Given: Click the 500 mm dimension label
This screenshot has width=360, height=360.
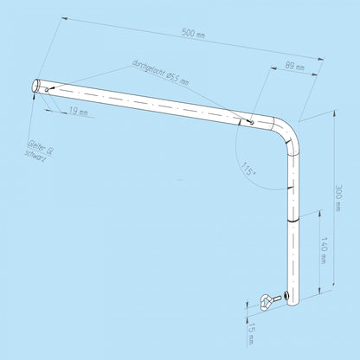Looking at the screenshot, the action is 193,33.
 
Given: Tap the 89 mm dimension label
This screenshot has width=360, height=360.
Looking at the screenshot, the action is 294,67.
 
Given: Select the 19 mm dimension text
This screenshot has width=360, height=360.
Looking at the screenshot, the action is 78,112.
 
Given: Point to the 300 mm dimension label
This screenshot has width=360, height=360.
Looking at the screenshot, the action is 338,197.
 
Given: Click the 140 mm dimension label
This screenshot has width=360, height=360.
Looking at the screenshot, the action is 324,250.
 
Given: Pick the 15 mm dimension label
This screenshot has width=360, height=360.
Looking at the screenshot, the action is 252,333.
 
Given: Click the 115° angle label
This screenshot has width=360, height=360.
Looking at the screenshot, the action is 248,169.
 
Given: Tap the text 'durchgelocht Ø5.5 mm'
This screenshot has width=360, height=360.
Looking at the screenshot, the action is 161,72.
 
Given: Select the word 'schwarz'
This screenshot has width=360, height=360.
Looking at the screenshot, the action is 35,157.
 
